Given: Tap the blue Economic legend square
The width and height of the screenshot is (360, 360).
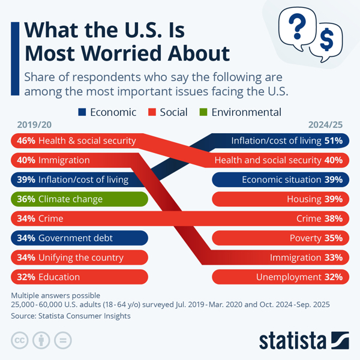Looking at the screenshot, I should pyautogui.click(x=82, y=112).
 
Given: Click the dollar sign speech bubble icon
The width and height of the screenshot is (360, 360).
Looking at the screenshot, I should pyautogui.click(x=326, y=40).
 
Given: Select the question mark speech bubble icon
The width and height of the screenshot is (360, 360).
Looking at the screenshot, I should pyautogui.click(x=296, y=27).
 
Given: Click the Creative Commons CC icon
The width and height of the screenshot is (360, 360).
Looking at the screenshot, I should pyautogui.click(x=20, y=340).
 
